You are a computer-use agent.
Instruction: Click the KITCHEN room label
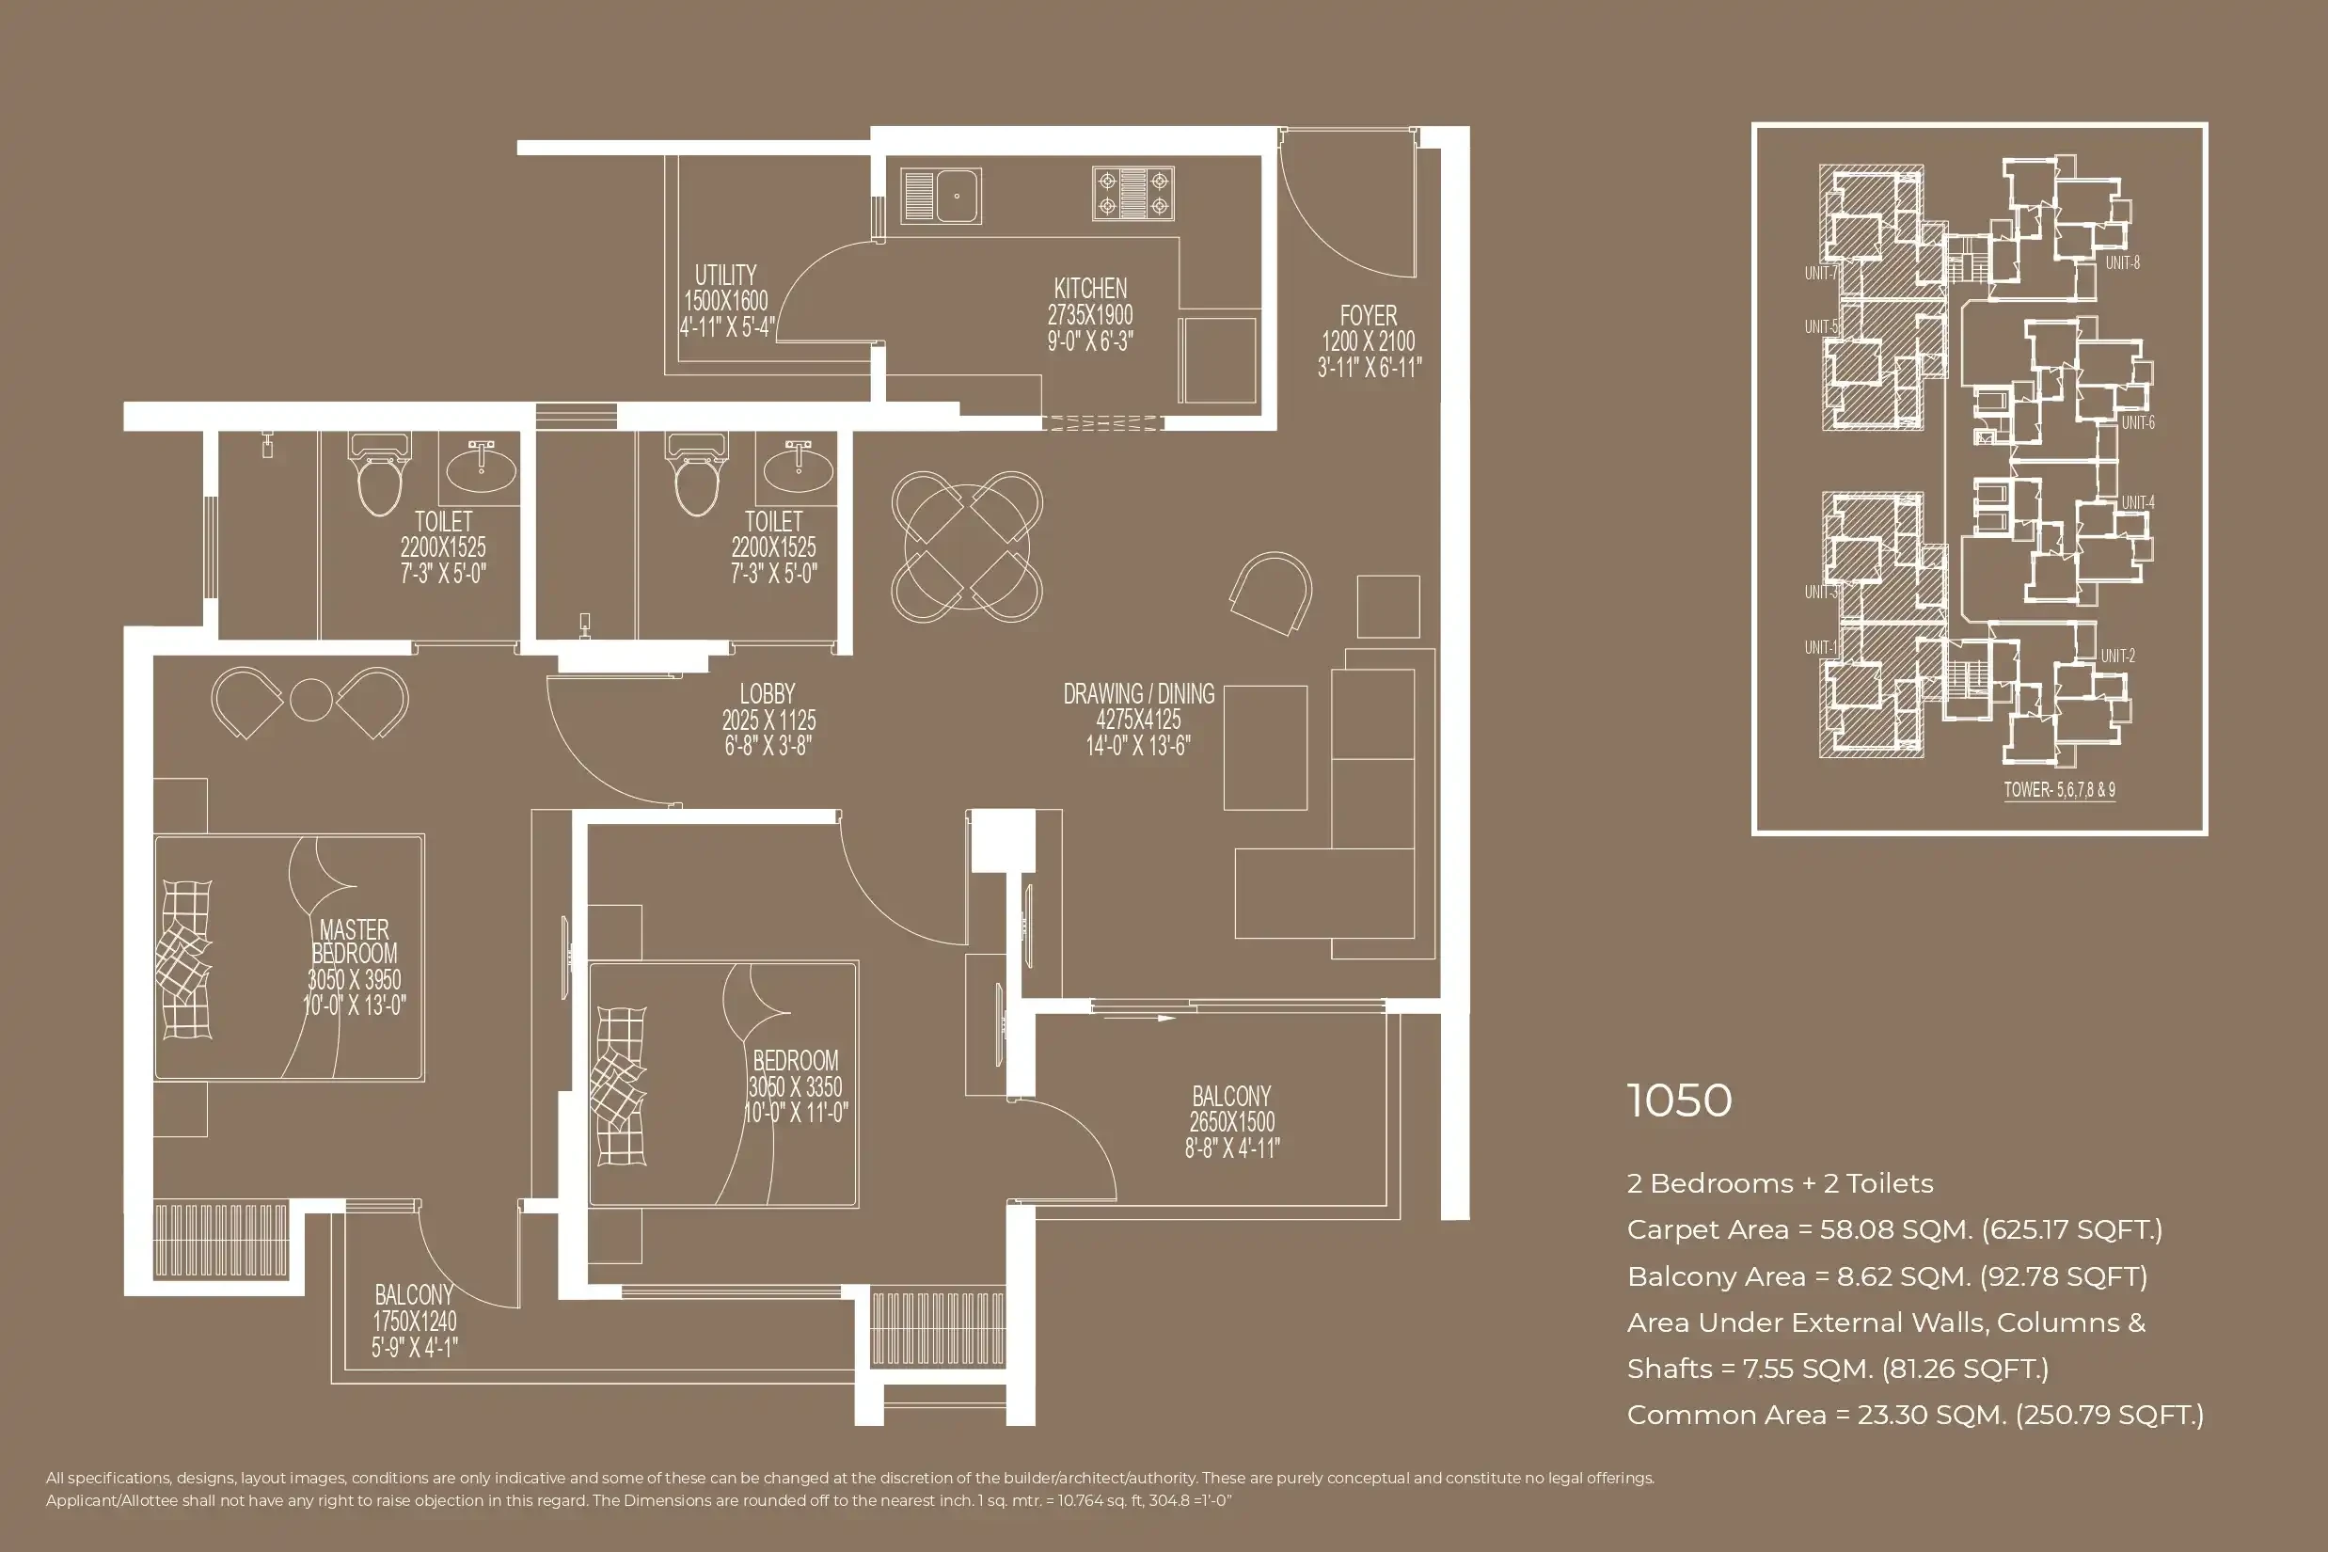(1090, 289)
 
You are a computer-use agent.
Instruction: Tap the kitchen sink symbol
(941, 195)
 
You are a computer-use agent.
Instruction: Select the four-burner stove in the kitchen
(1132, 193)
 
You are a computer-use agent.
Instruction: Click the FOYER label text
(1368, 316)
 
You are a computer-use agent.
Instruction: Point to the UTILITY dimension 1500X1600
(725, 301)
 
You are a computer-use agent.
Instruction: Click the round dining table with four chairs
(966, 546)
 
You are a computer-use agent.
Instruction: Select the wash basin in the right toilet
(797, 468)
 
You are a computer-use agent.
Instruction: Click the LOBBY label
(768, 694)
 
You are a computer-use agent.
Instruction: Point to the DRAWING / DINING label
(1138, 694)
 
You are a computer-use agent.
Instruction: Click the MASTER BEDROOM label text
(355, 942)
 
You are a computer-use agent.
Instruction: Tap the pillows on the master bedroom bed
(184, 958)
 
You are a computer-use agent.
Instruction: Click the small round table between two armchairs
(309, 700)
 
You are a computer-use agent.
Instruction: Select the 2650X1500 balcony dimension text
(1231, 1122)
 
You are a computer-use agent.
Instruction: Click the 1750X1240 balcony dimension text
(414, 1322)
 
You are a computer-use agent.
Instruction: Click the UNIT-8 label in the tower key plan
(2122, 263)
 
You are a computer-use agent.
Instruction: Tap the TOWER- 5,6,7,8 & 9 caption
(2059, 790)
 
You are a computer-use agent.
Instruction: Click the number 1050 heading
(1679, 1101)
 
